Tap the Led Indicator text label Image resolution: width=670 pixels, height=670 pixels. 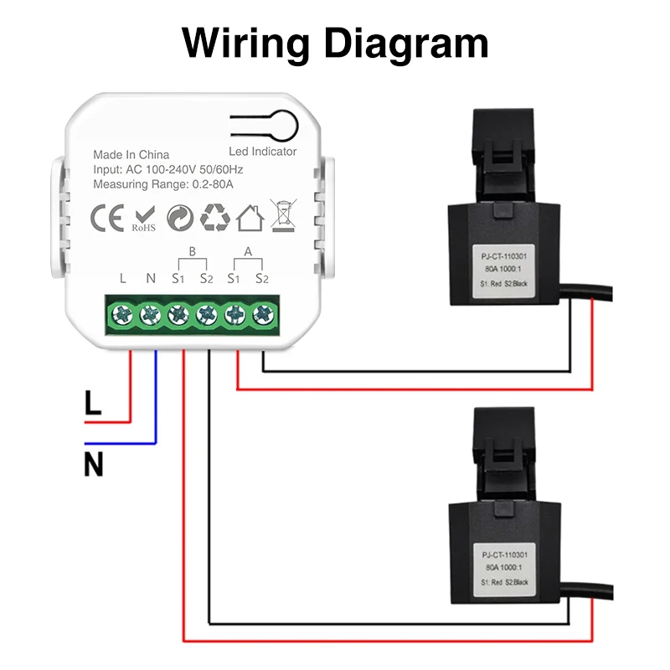[262, 152]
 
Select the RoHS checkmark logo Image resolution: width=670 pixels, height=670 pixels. [143, 218]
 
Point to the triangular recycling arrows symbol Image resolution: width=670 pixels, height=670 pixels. [215, 218]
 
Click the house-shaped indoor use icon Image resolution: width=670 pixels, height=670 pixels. [250, 218]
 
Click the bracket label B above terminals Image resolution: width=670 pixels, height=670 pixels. [192, 251]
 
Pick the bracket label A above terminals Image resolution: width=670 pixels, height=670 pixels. [248, 251]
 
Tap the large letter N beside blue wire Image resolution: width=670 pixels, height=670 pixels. [93, 463]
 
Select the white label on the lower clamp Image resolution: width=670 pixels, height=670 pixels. [506, 568]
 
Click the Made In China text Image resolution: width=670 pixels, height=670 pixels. [131, 155]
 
